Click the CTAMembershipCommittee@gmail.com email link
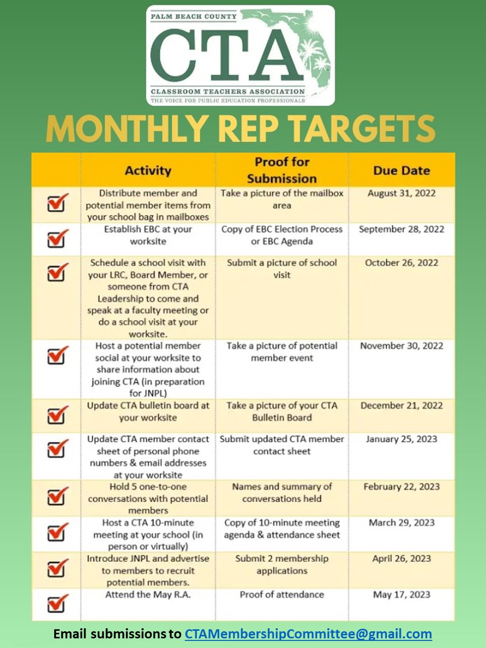coord(308,634)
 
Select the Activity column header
coord(148,171)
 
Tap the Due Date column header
coord(401,171)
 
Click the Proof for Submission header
coord(282,170)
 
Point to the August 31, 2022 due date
coord(401,193)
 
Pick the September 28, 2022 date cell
coord(401,229)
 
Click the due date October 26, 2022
coord(401,263)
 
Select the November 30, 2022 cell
coord(401,346)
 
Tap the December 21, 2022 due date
coord(401,406)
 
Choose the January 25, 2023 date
coord(401,439)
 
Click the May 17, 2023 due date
coord(401,595)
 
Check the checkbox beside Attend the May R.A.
coord(57,603)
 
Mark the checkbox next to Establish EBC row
coord(57,238)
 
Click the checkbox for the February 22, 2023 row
coord(57,496)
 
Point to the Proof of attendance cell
coord(282,595)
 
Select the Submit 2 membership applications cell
coord(282,564)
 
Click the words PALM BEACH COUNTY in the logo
coord(194,17)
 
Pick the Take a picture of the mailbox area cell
coord(282,199)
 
